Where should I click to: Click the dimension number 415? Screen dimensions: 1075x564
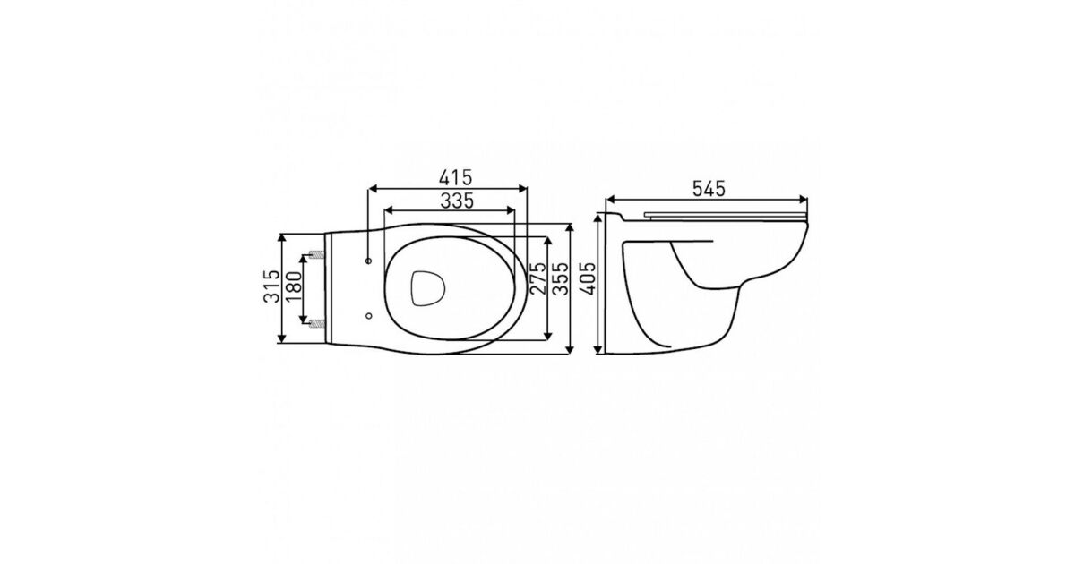click(x=455, y=177)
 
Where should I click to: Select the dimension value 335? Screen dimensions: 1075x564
click(x=457, y=201)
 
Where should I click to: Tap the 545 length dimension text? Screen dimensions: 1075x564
click(x=709, y=189)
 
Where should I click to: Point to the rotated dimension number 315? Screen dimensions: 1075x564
click(x=271, y=286)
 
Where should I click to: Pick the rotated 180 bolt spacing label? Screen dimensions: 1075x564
click(x=294, y=286)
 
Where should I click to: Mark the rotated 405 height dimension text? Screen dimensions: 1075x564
click(x=588, y=278)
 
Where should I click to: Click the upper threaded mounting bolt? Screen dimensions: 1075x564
click(x=318, y=254)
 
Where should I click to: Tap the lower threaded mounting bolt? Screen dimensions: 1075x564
click(x=318, y=323)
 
